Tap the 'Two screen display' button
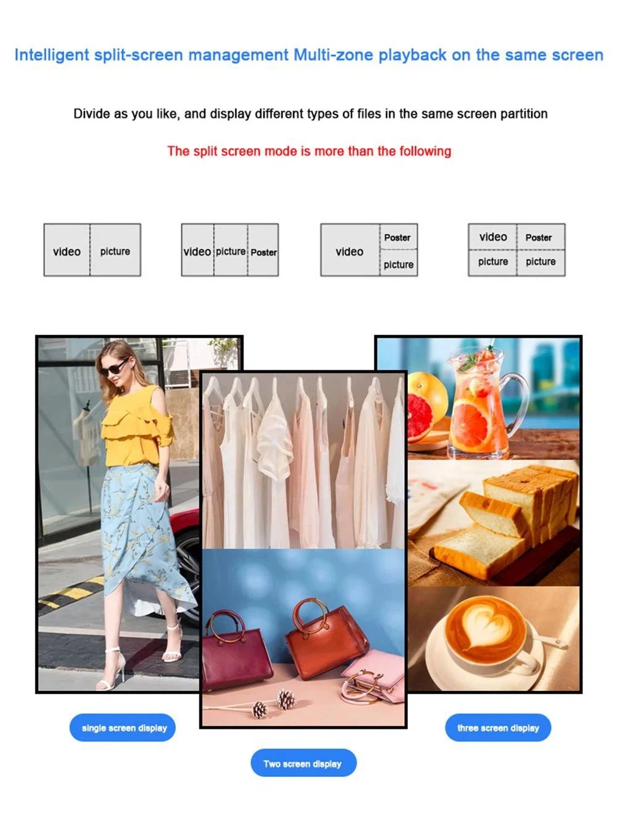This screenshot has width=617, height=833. coord(303,763)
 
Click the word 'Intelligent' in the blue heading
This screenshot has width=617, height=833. coord(52,55)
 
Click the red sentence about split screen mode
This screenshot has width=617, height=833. coord(309,151)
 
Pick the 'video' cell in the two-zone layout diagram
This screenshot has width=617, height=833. coord(67,251)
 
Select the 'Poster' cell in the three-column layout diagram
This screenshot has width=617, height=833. coord(263,251)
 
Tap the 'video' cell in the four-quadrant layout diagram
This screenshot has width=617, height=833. coord(492,237)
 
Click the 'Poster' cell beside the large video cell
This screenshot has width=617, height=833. coord(398,237)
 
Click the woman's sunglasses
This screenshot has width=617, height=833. coord(114,367)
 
